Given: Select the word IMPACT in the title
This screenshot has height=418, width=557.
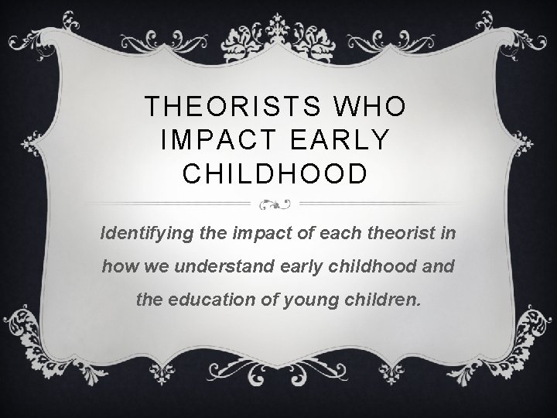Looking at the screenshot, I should (x=208, y=140).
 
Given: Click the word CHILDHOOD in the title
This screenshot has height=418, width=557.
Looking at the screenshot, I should (x=275, y=173).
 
